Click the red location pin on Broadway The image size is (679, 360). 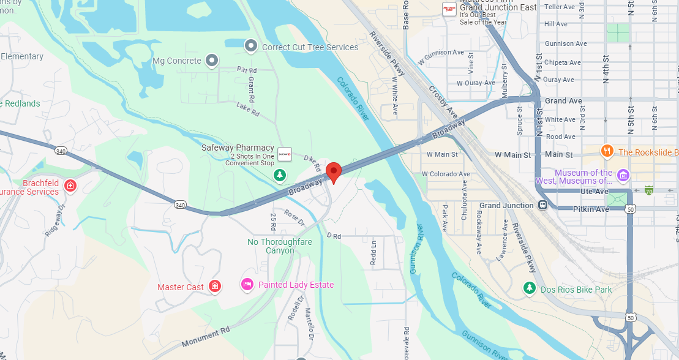(333, 171)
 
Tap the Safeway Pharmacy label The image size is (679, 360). (238, 148)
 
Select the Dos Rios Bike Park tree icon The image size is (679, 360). (529, 288)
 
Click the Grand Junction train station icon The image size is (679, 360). (542, 206)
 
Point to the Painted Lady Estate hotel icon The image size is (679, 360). (247, 284)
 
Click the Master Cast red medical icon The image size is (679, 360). (215, 286)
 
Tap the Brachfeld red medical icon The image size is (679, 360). (70, 184)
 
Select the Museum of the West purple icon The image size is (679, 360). (623, 176)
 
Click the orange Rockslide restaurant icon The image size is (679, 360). (607, 151)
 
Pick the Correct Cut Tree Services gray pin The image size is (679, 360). (250, 46)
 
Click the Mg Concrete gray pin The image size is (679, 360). (212, 60)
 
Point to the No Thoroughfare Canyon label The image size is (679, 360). (279, 246)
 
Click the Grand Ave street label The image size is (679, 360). (563, 101)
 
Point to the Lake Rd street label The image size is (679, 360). (248, 110)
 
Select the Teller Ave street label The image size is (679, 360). (560, 7)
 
